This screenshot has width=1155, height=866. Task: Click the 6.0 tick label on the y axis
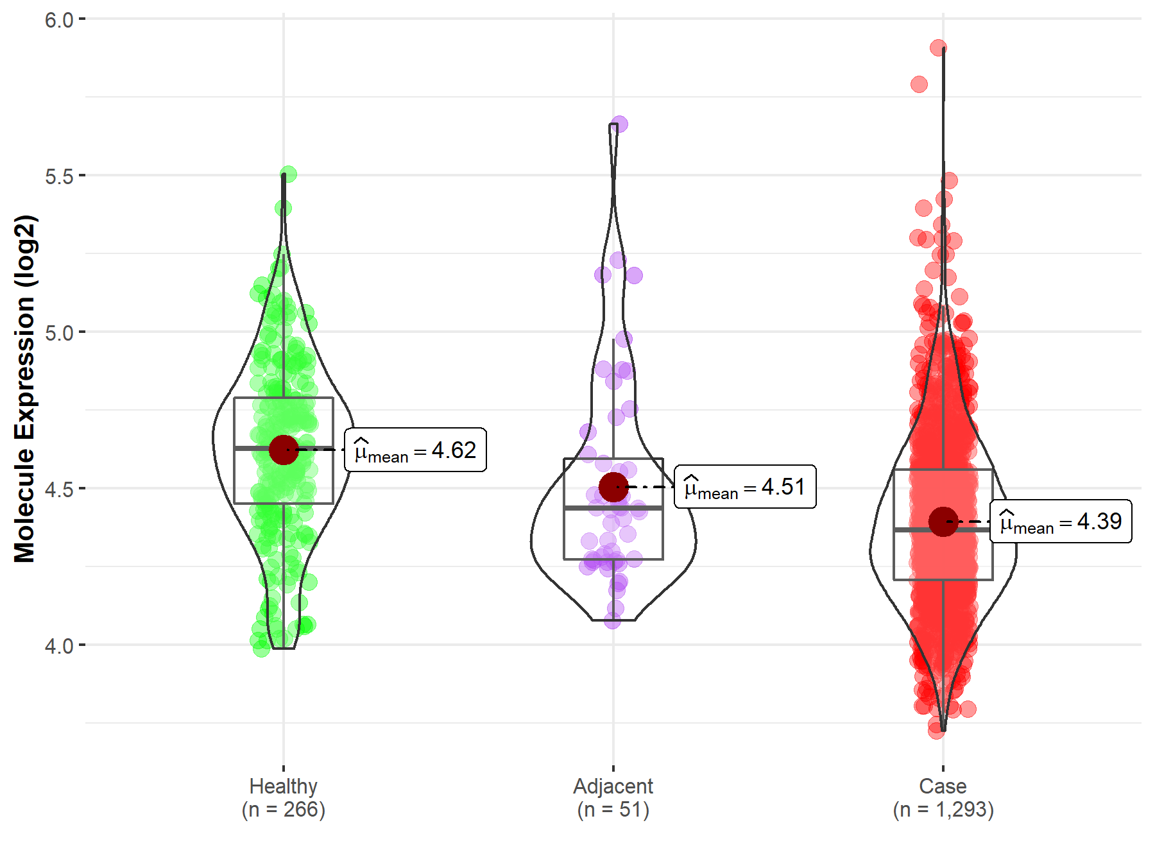59,20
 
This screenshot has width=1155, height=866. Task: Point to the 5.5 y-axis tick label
59,176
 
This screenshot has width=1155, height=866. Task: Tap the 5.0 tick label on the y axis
59,332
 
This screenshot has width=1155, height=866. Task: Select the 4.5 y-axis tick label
59,489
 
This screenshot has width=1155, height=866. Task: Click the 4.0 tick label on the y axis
59,645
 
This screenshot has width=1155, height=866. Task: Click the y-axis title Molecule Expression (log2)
24,389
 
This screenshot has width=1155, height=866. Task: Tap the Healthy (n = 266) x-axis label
284,797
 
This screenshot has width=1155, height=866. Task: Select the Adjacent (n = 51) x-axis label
613,797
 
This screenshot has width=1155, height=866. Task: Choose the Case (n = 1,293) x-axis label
943,797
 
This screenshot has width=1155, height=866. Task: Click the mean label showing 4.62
416,450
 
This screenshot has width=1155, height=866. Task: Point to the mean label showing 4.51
746,487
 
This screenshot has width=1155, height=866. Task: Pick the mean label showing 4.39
1061,522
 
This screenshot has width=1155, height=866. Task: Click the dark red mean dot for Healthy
284,450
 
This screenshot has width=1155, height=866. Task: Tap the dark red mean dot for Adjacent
613,487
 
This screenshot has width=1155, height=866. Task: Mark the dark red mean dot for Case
943,522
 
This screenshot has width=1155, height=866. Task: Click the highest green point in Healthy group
288,174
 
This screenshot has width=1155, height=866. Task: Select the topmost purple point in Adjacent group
619,124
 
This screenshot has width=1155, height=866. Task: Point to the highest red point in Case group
938,47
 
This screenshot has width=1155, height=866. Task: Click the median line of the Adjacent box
613,508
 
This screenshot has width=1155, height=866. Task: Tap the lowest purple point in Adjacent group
613,620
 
